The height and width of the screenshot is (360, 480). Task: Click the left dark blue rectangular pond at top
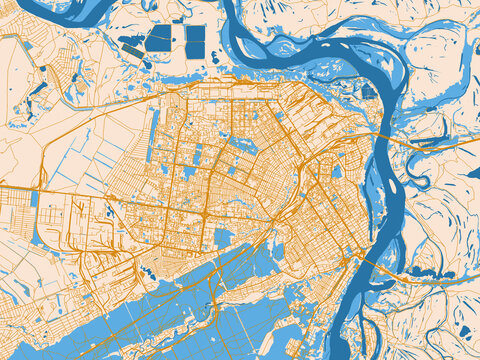tap(159, 39)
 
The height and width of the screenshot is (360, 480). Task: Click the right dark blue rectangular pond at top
tap(195, 40)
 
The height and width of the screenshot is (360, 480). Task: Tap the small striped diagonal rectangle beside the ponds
tap(131, 46)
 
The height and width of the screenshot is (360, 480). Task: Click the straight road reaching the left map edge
tap(20, 187)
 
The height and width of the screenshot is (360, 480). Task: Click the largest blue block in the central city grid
tap(222, 238)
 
